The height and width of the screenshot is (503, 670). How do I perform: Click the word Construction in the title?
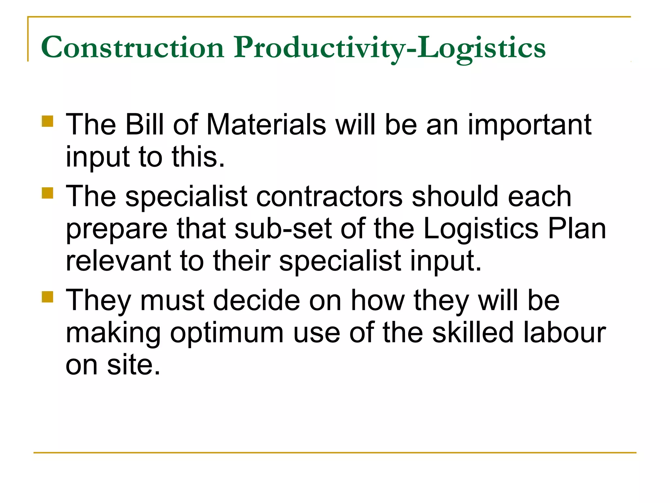point(132,48)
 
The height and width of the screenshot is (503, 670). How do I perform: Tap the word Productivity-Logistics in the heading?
point(389,48)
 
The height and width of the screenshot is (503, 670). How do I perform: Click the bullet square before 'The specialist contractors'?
point(47,193)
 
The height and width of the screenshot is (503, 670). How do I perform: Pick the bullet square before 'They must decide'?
point(47,297)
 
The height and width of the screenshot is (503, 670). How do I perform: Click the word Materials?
point(266,124)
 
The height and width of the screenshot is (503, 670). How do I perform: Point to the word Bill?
point(145,124)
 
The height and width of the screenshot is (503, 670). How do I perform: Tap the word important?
point(529,125)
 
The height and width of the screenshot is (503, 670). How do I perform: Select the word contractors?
point(329,196)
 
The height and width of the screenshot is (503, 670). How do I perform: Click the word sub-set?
point(283,229)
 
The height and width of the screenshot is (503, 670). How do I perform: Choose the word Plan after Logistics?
point(577,229)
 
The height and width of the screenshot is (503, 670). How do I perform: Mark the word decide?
point(256,300)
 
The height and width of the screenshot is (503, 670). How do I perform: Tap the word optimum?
point(227,333)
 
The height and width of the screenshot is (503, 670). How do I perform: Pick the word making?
point(113,333)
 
